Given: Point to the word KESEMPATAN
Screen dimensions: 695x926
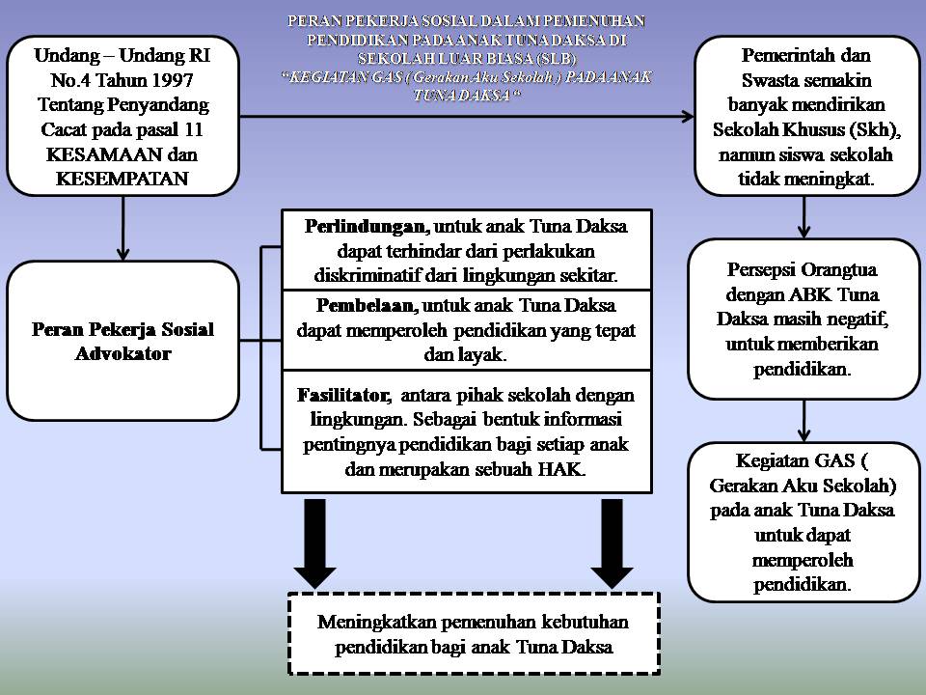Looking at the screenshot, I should [123, 179].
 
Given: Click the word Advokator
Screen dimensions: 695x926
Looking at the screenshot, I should [123, 353].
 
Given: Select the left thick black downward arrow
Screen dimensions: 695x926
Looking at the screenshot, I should [313, 543].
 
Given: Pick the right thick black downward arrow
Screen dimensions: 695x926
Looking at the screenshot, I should [611, 543].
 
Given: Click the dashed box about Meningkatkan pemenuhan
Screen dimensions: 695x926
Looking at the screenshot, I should [474, 633].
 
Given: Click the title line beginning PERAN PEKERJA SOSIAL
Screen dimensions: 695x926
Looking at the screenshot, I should [466, 19].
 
